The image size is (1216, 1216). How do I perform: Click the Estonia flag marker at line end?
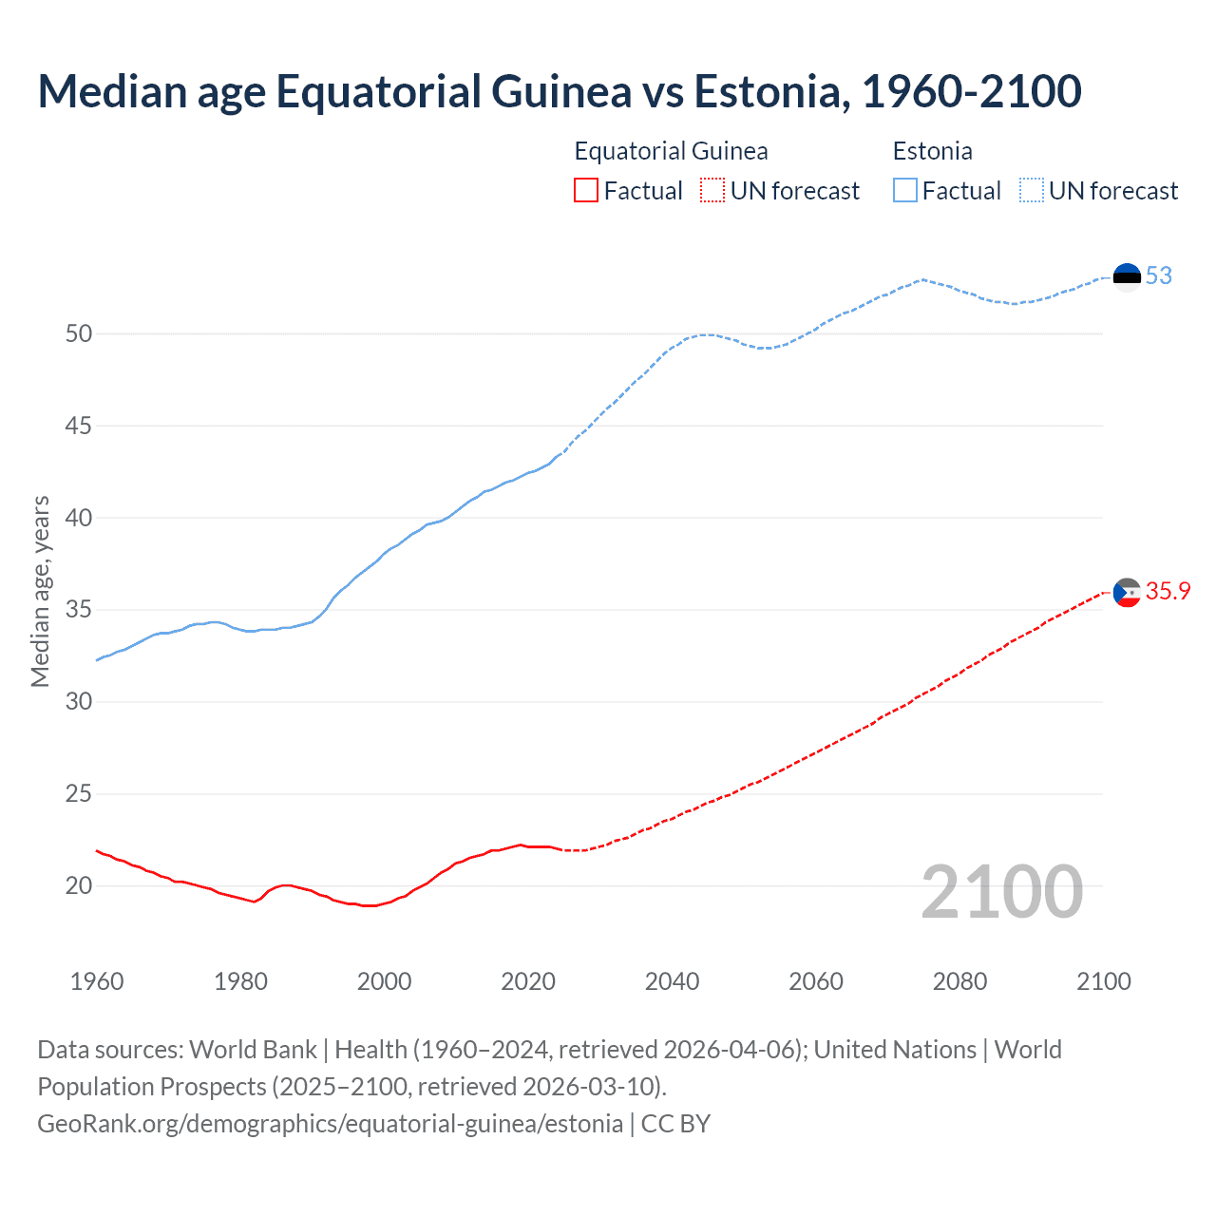[x=1127, y=276]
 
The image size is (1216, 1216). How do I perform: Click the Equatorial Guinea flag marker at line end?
[x=1127, y=593]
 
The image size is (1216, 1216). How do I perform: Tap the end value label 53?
[x=1159, y=276]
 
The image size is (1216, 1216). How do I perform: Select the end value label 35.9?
[x=1168, y=592]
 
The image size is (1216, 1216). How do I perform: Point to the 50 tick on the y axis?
[x=79, y=333]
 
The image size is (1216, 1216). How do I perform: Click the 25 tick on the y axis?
[x=79, y=793]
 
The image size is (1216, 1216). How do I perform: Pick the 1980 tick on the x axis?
[x=240, y=981]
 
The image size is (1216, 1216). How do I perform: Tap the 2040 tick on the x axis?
[x=672, y=981]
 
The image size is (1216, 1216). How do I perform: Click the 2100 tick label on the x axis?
[x=1103, y=981]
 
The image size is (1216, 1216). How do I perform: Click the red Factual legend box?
[x=586, y=191]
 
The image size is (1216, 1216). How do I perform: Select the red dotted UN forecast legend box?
[x=712, y=191]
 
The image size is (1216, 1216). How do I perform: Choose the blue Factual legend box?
[x=905, y=191]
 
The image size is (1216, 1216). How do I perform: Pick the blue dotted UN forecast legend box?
[x=1032, y=191]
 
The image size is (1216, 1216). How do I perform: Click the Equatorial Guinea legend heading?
[x=671, y=151]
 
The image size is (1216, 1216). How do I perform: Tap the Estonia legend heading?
[x=932, y=151]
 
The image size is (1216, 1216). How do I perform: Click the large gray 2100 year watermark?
[x=1001, y=892]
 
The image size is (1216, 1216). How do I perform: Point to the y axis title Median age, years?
[x=40, y=591]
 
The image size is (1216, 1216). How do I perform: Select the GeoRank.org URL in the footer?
[x=330, y=1124]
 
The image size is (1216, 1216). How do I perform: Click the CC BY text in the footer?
[x=675, y=1124]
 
